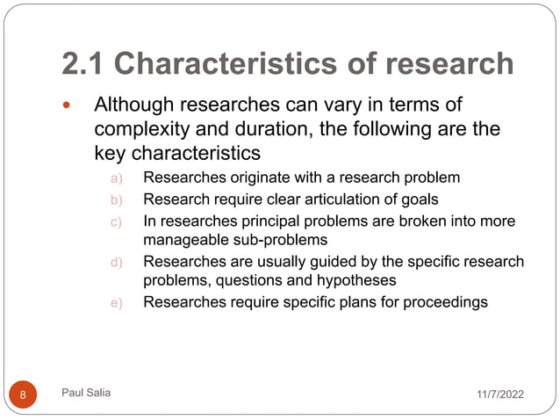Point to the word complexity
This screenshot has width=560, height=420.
[x=144, y=131]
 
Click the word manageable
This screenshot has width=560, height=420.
[x=183, y=239]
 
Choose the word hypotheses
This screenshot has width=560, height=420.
[x=351, y=281]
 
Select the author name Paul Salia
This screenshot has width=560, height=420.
[x=87, y=394]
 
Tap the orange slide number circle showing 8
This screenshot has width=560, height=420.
[x=23, y=395]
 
